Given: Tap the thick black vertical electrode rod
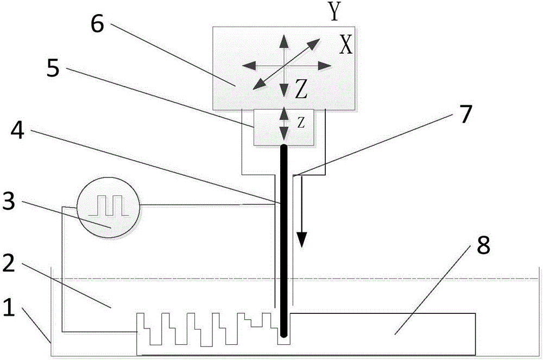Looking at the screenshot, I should (x=283, y=239).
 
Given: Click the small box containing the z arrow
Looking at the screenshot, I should (x=283, y=127).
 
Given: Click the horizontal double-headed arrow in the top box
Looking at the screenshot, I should (x=286, y=66).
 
